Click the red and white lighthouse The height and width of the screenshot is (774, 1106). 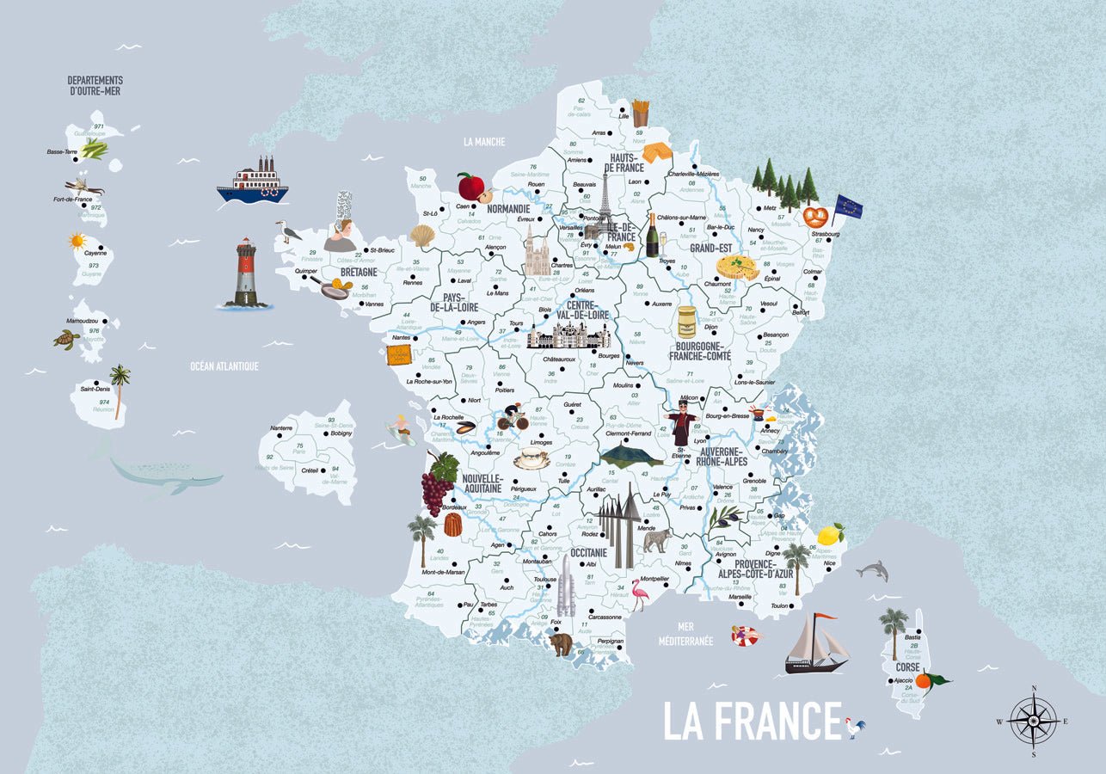click(246, 273)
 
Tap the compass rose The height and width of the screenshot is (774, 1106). click(1033, 721)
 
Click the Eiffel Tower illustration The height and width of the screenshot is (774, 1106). click(604, 203)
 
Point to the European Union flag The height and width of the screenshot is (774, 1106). click(847, 206)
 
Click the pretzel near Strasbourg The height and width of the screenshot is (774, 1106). click(815, 216)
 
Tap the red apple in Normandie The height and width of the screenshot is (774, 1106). click(470, 186)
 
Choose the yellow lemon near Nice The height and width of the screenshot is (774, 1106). click(830, 534)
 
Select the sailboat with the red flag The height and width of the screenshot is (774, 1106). click(815, 644)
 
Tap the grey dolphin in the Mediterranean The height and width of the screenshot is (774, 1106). click(872, 569)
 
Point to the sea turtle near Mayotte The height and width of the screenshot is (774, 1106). click(66, 339)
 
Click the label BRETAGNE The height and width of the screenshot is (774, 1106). click(359, 273)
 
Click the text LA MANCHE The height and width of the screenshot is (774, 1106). click(483, 142)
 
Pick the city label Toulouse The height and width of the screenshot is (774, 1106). click(544, 579)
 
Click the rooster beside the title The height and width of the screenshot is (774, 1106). click(854, 727)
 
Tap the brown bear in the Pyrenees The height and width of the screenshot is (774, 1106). click(561, 642)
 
